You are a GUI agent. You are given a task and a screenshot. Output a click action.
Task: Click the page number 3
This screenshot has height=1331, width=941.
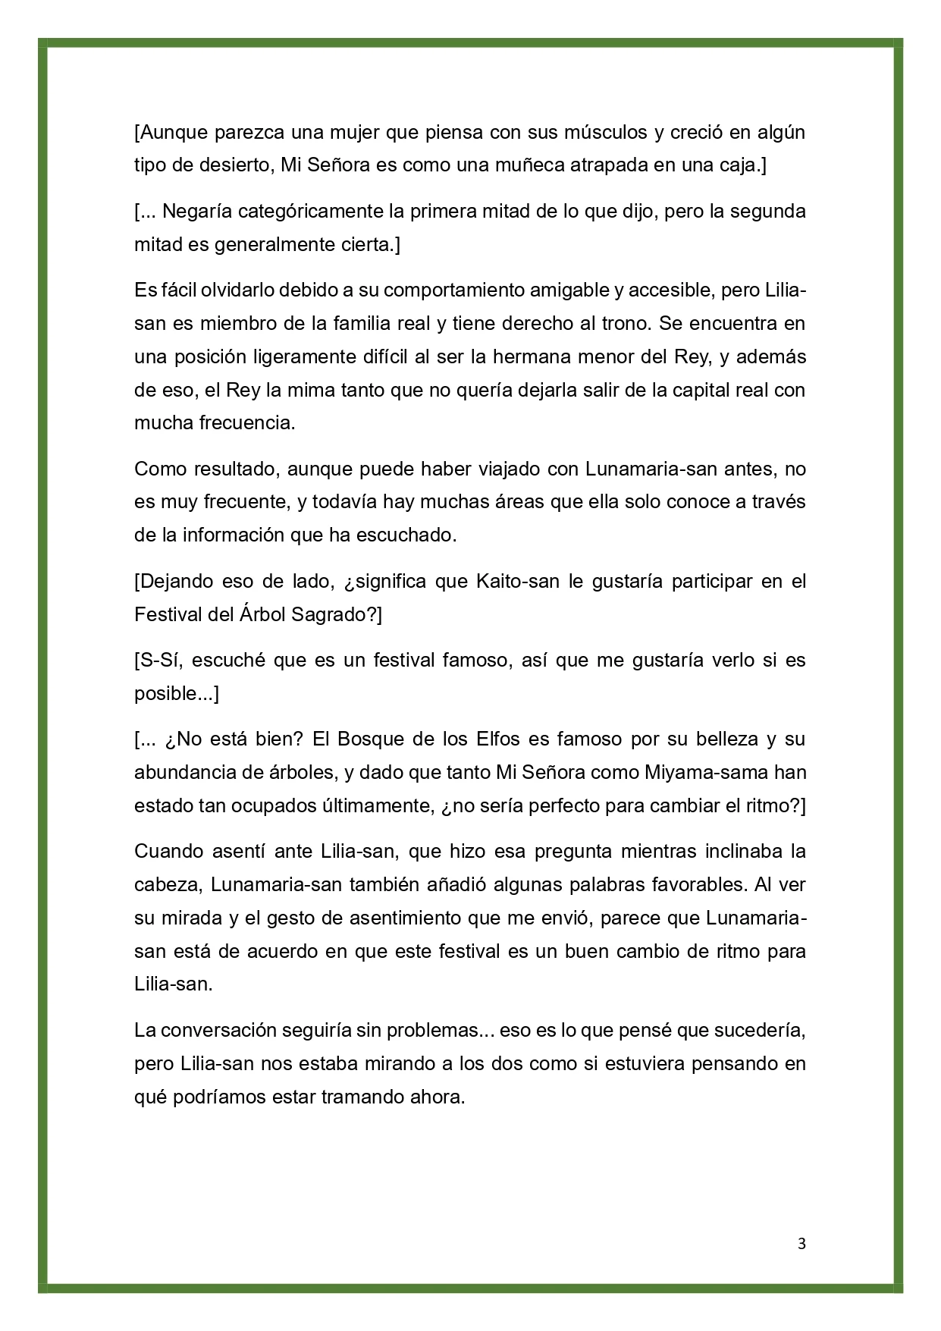[801, 1243]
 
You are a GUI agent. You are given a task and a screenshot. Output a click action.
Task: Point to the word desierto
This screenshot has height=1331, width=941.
[234, 165]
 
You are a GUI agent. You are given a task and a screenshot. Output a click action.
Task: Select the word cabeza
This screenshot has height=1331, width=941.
[167, 884]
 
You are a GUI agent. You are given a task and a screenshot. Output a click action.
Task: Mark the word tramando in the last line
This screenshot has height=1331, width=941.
[361, 1097]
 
